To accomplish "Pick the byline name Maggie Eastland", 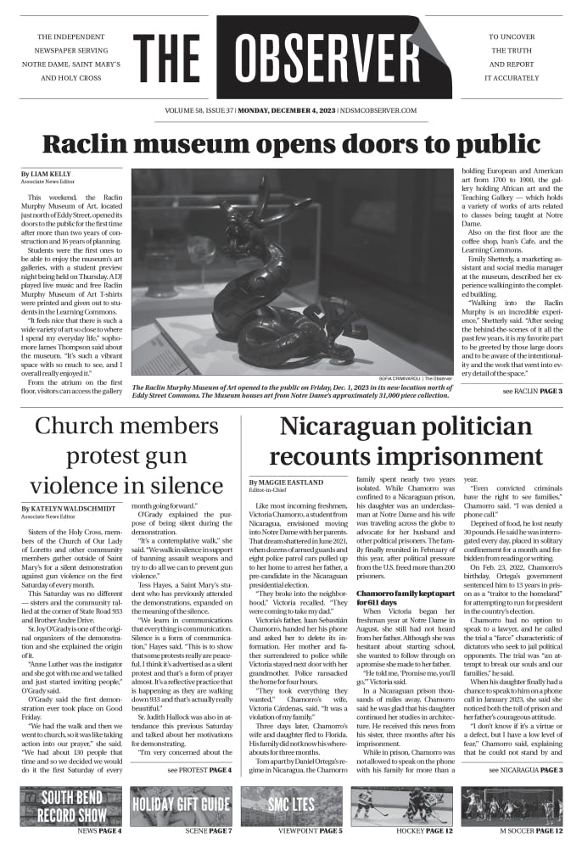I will (288, 482).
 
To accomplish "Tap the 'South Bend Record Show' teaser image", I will (70, 806).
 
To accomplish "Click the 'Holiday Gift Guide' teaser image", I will (181, 806).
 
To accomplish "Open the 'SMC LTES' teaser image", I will (292, 806).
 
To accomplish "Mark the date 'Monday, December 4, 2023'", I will (285, 110).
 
